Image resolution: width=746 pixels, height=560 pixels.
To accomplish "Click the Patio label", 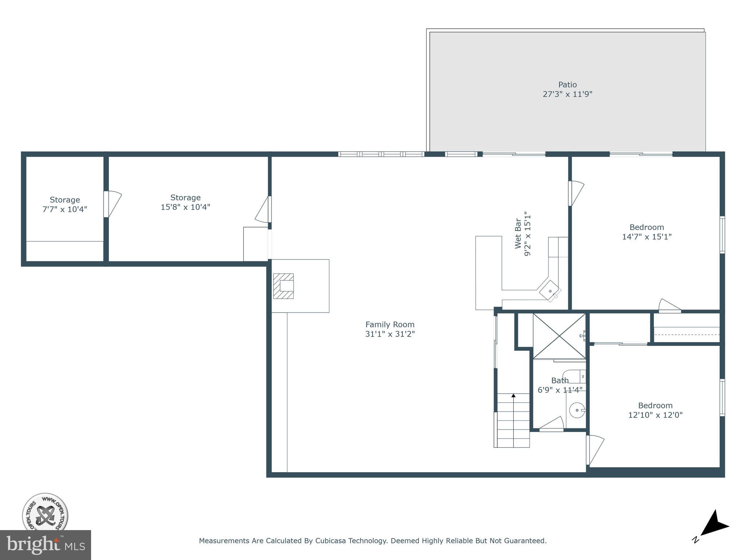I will (x=567, y=85).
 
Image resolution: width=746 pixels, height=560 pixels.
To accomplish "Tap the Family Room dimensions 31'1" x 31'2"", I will (x=390, y=334).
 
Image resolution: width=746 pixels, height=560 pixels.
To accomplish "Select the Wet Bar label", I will (x=518, y=234).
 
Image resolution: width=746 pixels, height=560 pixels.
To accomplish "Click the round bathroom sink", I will (x=577, y=410).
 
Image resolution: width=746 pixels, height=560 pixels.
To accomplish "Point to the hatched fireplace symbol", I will (x=283, y=286).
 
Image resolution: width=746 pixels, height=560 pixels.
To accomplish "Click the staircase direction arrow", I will (x=513, y=396).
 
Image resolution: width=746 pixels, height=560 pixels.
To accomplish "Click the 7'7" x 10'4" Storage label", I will (x=64, y=205).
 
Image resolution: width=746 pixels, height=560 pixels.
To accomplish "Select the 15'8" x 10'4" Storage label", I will (x=185, y=202).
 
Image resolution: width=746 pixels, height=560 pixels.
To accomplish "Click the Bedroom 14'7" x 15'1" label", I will (x=647, y=232).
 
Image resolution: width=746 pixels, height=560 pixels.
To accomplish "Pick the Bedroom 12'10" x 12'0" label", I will (x=655, y=410).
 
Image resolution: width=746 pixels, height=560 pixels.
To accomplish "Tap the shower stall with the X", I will (x=559, y=336).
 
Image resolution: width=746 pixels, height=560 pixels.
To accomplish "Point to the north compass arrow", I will (x=714, y=525).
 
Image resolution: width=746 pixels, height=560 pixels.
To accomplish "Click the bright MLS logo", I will (x=45, y=545).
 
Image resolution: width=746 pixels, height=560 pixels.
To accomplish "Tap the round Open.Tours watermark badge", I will (x=45, y=514).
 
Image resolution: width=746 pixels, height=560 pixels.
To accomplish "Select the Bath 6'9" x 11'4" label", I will (x=560, y=385).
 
